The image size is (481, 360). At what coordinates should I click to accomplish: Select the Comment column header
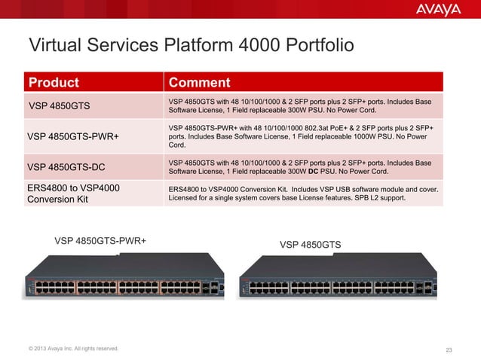pos(199,82)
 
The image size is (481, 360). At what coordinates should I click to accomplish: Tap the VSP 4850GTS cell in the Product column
pos(60,105)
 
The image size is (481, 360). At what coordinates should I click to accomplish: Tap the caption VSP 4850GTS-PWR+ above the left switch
pos(100,241)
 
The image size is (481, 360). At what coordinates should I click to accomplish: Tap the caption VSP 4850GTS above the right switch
pos(310,245)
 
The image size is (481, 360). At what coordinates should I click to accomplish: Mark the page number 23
pos(449,348)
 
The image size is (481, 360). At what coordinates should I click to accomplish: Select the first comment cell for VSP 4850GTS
pos(302,105)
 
